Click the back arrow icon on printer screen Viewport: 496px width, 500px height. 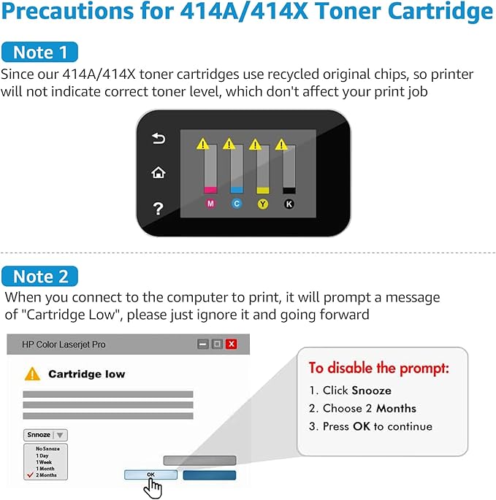[158, 138]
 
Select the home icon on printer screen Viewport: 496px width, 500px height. [158, 173]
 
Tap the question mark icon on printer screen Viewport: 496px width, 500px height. [158, 209]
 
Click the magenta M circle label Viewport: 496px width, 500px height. [210, 204]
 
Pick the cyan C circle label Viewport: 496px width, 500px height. [236, 204]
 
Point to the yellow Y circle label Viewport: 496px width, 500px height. [262, 204]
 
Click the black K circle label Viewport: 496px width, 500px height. [289, 204]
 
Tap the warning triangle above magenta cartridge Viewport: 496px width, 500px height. [204, 143]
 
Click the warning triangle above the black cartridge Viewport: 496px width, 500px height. [281, 144]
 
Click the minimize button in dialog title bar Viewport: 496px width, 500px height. [203, 344]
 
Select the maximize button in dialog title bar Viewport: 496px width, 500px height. [217, 344]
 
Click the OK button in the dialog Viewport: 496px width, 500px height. [150, 474]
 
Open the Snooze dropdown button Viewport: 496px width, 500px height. [45, 434]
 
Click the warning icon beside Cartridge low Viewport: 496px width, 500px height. [32, 374]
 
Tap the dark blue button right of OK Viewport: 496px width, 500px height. [209, 474]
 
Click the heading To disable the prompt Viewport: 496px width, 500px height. [378, 367]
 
